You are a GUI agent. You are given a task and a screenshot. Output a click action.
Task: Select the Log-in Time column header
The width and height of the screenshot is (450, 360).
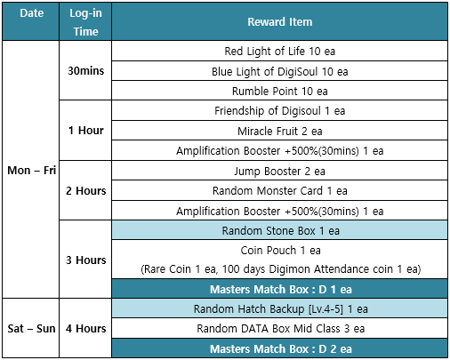[x=85, y=22]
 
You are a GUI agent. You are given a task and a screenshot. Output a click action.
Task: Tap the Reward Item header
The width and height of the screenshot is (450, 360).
[x=280, y=21]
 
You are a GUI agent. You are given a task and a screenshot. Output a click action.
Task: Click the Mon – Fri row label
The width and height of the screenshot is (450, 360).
[x=31, y=171]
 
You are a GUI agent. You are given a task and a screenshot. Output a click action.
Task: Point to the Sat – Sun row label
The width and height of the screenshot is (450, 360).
[x=31, y=328]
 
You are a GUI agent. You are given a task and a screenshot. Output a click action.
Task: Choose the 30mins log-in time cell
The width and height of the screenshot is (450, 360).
[x=85, y=70]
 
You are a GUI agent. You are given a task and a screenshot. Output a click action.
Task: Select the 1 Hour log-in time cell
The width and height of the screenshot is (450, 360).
[x=85, y=131]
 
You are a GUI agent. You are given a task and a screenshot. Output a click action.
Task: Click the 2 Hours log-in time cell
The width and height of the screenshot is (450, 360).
[x=85, y=190]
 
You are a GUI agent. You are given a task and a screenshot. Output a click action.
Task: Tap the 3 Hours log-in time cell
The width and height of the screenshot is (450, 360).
[x=85, y=260]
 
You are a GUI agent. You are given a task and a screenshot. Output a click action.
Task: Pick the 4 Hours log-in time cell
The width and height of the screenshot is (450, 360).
[x=85, y=328]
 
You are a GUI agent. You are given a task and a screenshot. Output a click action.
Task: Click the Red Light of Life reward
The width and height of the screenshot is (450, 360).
[x=280, y=51]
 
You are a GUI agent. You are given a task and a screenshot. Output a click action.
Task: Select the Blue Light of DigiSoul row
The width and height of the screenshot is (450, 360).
[x=280, y=71]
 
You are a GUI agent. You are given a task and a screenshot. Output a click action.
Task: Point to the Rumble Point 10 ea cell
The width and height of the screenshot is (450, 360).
[x=280, y=91]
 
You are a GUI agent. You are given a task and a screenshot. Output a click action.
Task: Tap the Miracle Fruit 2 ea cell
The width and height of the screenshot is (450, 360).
[x=280, y=131]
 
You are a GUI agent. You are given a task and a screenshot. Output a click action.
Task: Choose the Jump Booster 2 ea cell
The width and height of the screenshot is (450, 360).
[x=280, y=171]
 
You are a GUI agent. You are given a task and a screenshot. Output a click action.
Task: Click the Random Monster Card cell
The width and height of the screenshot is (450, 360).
[x=280, y=190]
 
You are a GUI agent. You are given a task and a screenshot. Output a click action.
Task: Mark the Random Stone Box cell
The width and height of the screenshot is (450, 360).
[x=280, y=230]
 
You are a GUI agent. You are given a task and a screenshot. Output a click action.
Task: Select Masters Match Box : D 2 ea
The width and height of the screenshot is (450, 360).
[x=280, y=348]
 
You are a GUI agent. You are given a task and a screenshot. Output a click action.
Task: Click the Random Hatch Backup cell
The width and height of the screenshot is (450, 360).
[x=280, y=308]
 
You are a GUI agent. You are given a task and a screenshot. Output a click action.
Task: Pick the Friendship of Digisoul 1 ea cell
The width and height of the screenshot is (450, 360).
[x=280, y=111]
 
